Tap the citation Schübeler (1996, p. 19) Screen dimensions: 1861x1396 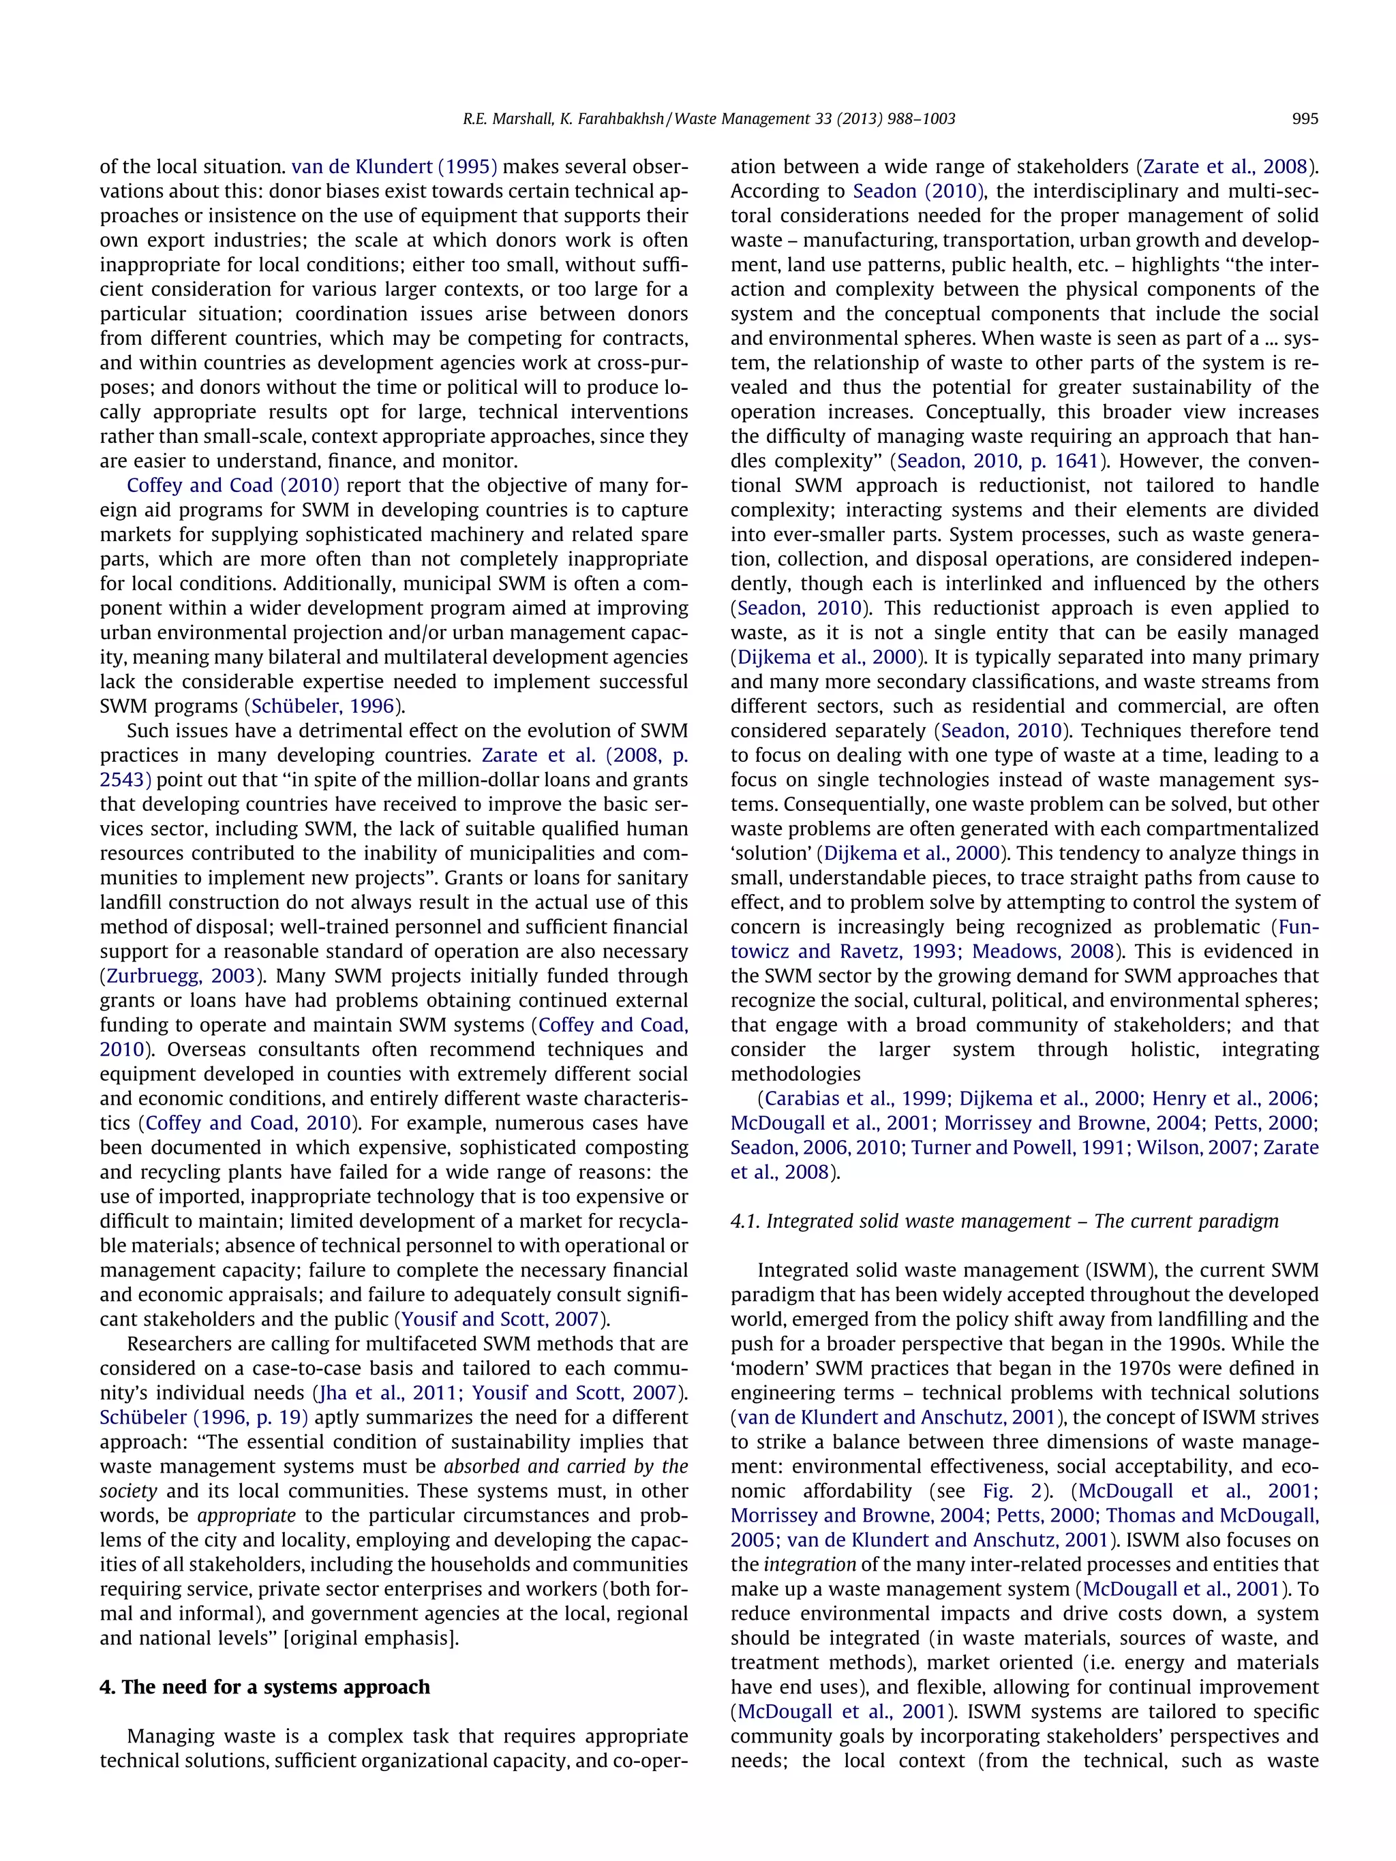(204, 1417)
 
